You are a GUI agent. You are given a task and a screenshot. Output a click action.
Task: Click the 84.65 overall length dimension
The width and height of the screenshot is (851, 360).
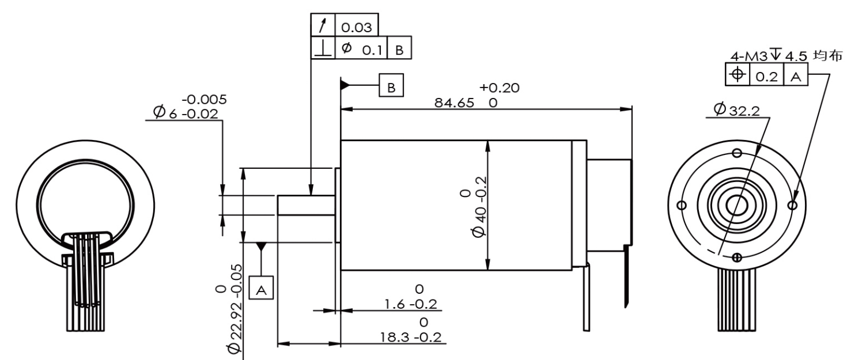coord(455,103)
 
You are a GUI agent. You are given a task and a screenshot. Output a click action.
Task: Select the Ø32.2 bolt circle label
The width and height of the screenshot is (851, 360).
coord(737,110)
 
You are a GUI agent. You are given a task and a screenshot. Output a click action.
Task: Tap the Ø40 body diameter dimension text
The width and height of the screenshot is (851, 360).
coord(479,206)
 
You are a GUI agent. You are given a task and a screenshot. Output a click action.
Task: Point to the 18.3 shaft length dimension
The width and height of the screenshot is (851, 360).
coord(411,337)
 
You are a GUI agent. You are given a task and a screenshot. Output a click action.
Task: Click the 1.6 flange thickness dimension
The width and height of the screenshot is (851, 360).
coord(411,304)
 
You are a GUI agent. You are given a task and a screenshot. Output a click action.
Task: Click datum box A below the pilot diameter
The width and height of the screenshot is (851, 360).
coord(261,288)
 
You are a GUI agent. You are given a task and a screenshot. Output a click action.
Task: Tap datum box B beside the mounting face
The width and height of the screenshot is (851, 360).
coord(391,85)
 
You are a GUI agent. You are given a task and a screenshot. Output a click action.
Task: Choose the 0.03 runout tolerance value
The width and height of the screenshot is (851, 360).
coord(356,27)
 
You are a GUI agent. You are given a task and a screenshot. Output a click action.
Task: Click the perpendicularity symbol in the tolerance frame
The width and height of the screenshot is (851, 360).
coord(323,48)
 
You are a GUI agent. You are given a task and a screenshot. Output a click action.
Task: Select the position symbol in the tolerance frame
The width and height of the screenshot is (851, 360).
coord(737,74)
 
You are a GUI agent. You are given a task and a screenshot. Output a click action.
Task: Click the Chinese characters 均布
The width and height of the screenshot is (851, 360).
coord(827,55)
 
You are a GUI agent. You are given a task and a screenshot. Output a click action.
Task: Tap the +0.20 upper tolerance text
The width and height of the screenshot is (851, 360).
coord(499,88)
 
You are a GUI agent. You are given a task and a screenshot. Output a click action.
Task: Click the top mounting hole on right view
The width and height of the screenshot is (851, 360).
coord(737,153)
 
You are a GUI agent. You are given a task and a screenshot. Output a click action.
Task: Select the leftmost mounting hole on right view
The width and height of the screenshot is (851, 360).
coord(682,206)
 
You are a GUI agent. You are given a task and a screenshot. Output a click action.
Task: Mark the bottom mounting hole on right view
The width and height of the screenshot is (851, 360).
coord(737,257)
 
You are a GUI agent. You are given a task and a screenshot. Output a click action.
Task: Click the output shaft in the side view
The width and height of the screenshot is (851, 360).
coord(306,206)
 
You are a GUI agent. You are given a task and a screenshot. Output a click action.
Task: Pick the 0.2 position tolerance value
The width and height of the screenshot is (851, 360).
coord(767,77)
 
